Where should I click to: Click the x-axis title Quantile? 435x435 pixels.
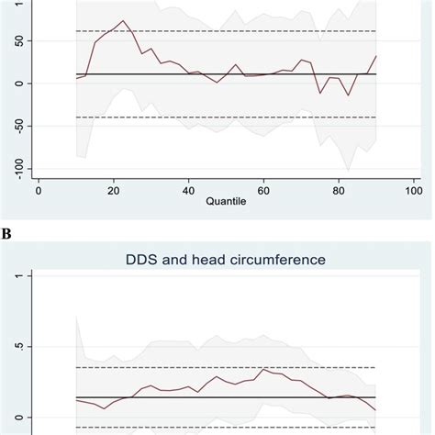[225, 206]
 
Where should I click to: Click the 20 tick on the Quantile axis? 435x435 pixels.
[113, 191]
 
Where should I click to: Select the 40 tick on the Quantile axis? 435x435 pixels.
[188, 191]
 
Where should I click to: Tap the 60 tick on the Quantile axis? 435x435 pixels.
[262, 191]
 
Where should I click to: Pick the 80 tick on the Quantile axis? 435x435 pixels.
[338, 191]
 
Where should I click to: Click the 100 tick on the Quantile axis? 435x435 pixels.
[412, 191]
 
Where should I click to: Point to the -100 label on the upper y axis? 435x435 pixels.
[13, 168]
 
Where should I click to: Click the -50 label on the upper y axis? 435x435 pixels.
[13, 126]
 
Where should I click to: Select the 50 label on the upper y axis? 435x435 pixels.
[13, 41]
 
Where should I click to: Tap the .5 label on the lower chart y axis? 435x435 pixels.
[13, 347]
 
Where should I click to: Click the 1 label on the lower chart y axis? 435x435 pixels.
[13, 276]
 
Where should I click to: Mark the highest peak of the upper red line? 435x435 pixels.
[124, 20]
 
